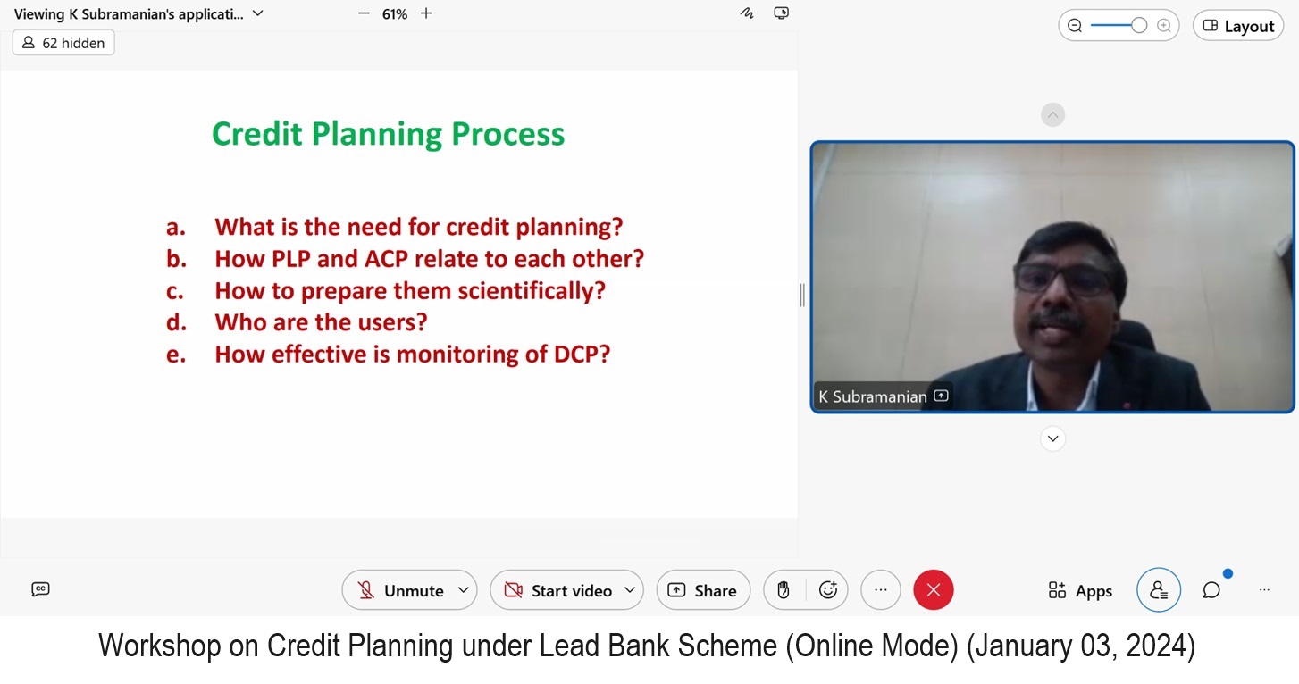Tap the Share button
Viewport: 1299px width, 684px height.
pyautogui.click(x=703, y=590)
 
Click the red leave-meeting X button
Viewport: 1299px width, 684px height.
pyautogui.click(x=933, y=590)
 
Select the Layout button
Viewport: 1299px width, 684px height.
pyautogui.click(x=1238, y=26)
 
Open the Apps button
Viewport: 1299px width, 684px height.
pyautogui.click(x=1080, y=590)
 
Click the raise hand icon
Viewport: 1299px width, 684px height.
pyautogui.click(x=784, y=590)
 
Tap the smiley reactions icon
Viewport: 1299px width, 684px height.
pyautogui.click(x=828, y=590)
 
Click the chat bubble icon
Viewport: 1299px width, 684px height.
pyautogui.click(x=1211, y=590)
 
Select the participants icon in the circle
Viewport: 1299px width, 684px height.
pyautogui.click(x=1159, y=590)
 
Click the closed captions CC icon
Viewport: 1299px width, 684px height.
pyautogui.click(x=40, y=589)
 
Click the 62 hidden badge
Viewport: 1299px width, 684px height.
pyautogui.click(x=63, y=43)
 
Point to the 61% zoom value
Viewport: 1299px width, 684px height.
pyautogui.click(x=394, y=14)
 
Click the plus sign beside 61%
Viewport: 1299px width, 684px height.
pyautogui.click(x=426, y=13)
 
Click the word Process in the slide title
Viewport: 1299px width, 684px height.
pyautogui.click(x=508, y=135)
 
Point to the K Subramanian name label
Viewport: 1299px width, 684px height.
pyautogui.click(x=872, y=397)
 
